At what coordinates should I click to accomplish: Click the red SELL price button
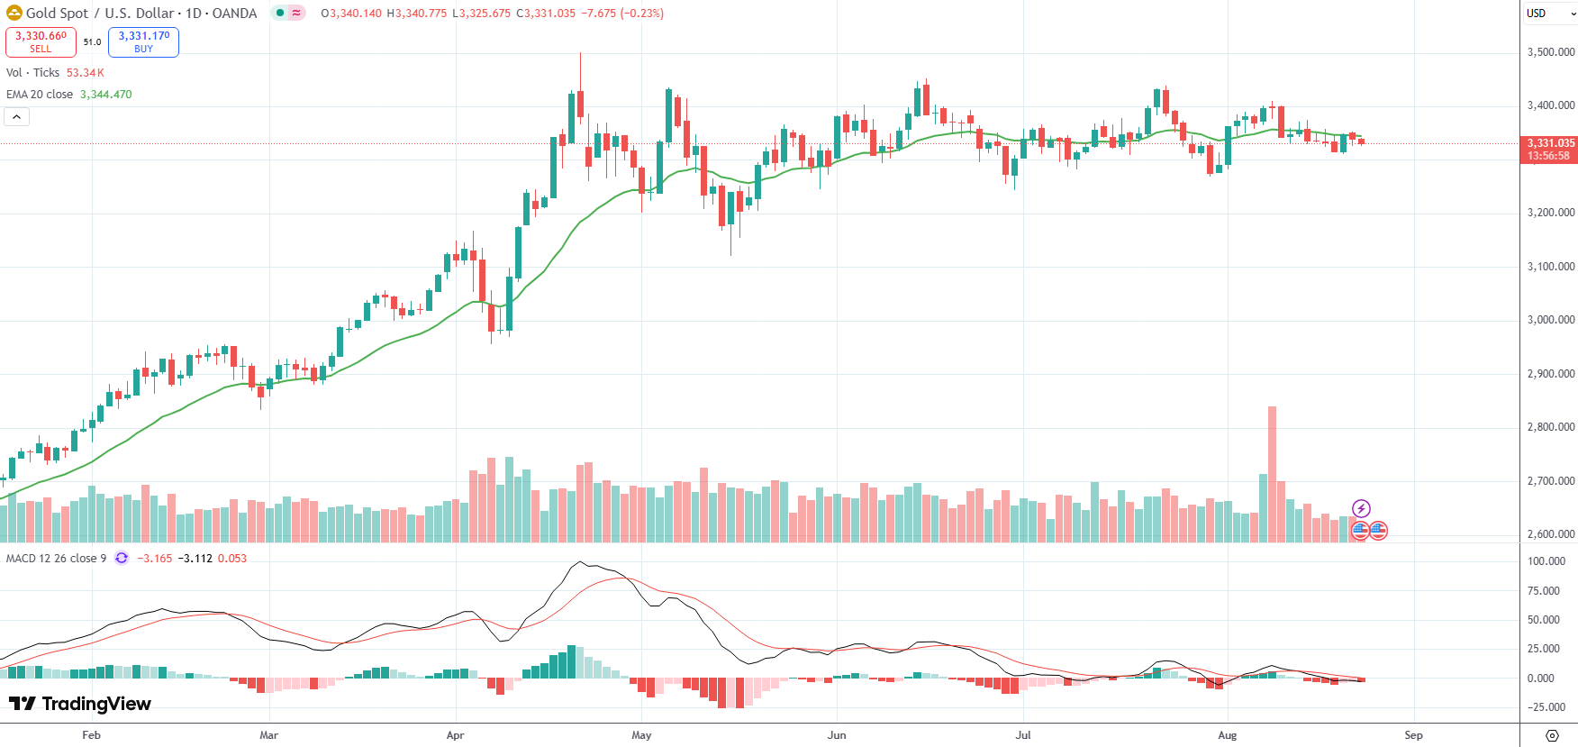pos(41,41)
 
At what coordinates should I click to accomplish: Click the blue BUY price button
pos(143,41)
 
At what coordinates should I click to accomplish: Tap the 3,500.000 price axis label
pos(1550,52)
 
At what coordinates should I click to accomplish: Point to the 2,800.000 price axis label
pos(1550,427)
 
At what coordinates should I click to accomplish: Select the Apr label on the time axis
pos(455,735)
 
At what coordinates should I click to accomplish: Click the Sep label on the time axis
pos(1413,735)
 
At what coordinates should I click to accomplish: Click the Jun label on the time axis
pos(837,735)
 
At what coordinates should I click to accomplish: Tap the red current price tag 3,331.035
pos(1549,149)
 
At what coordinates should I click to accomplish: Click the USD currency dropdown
pos(1548,14)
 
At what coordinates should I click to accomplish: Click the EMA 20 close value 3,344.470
pos(105,95)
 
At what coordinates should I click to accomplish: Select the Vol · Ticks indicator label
pos(32,73)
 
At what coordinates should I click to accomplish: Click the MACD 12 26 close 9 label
pos(56,559)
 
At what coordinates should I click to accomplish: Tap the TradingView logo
pos(80,704)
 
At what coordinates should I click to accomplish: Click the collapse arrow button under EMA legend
pos(16,117)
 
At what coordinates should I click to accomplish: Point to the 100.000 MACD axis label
pos(1546,561)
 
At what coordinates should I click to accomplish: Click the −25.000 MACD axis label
pos(1546,707)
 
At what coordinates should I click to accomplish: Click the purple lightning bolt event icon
pos(1361,509)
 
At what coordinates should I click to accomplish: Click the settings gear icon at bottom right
pos(1552,735)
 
